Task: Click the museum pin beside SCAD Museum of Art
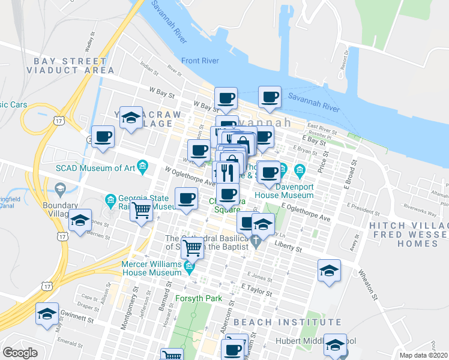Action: point(143,166)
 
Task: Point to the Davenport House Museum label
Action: point(285,190)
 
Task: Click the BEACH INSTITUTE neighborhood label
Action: point(266,323)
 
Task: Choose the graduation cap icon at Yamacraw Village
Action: point(130,118)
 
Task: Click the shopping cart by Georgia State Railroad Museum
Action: point(141,211)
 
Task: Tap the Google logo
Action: point(20,353)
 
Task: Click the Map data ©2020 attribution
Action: point(424,355)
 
